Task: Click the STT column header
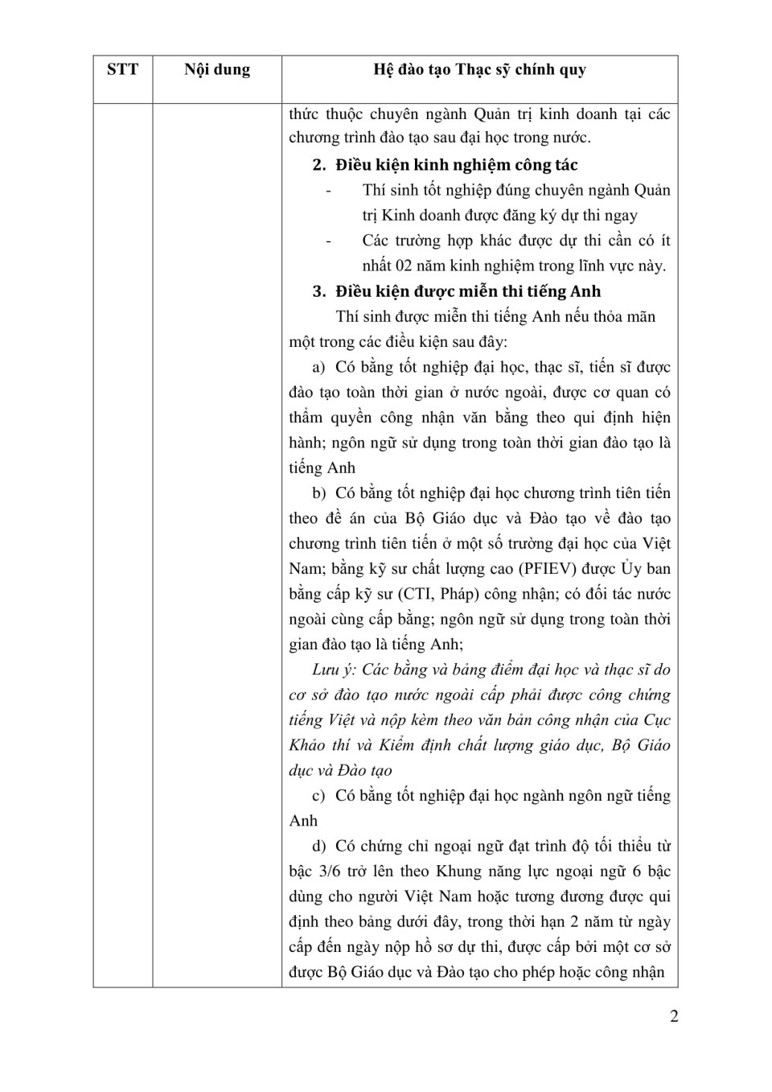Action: point(122,70)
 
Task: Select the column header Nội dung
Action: point(217,70)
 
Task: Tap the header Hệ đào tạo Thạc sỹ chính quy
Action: point(479,70)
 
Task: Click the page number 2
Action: point(674,1016)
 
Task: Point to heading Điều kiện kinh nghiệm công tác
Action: point(456,165)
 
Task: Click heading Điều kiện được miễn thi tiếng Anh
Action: point(468,291)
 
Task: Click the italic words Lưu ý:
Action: point(334,670)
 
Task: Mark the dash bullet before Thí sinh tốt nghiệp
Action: point(328,192)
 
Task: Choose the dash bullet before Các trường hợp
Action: point(328,241)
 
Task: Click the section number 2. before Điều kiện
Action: point(319,165)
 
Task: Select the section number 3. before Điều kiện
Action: point(319,291)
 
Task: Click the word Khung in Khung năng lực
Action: point(457,872)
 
